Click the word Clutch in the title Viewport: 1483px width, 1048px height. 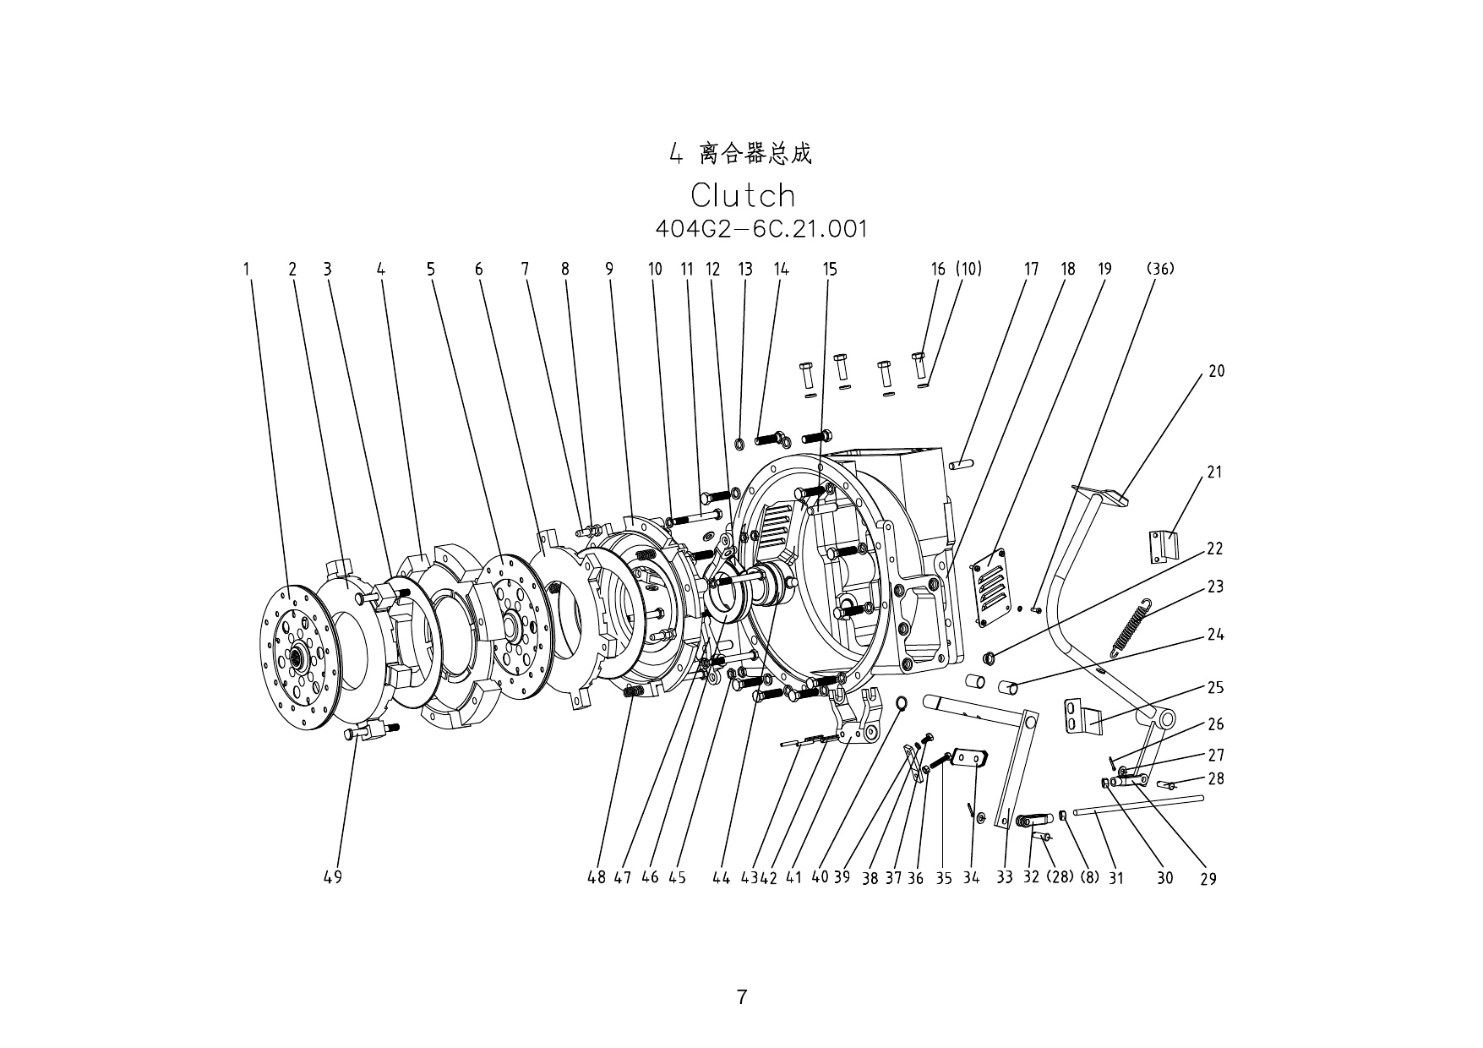[743, 195]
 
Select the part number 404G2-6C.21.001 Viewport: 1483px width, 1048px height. [761, 229]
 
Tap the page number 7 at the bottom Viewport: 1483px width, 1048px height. [741, 996]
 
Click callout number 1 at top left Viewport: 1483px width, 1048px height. [247, 270]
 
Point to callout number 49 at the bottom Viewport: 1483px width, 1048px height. [332, 877]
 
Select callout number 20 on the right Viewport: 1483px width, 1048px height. [1216, 371]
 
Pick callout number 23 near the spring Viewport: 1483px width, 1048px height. [1215, 587]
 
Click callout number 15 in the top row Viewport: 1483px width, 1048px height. [830, 270]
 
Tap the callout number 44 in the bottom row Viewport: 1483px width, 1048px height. [721, 878]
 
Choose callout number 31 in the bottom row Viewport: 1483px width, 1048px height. [1116, 878]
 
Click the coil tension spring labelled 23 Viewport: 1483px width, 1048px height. [1131, 626]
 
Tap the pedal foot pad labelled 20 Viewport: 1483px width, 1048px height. [1101, 494]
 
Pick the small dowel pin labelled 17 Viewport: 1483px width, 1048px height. [961, 463]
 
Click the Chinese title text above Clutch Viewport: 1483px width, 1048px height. [741, 154]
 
